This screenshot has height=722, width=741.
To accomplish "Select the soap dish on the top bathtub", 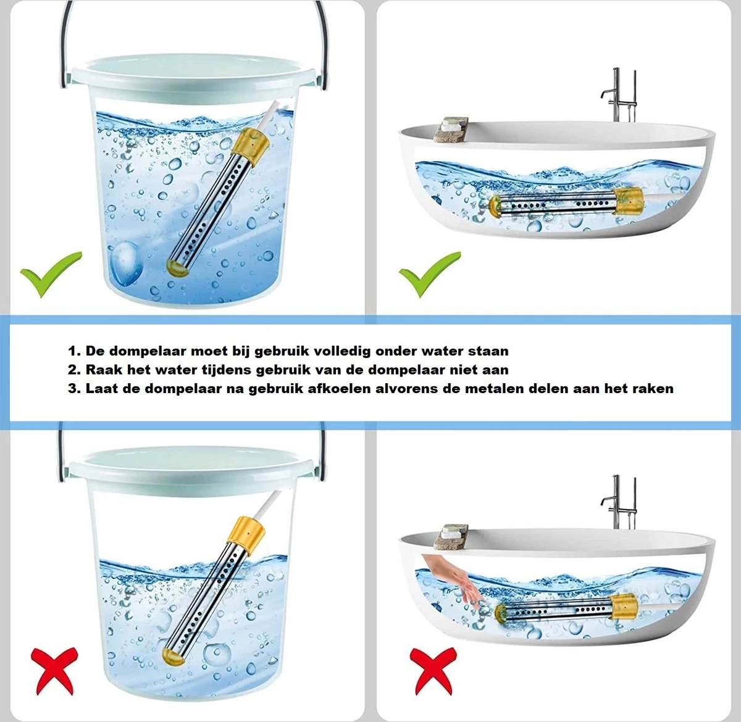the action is point(452,130).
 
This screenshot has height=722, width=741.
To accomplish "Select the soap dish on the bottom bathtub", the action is point(452,537).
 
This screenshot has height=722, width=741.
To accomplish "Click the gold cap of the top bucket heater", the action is point(254,142).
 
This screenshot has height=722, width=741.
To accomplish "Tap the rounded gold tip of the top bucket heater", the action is point(178,267).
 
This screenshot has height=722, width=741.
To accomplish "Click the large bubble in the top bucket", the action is point(125,263).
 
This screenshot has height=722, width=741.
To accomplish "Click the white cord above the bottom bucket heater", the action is point(269,504).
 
